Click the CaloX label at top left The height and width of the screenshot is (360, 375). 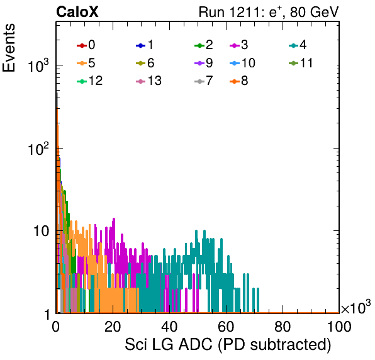tap(77, 12)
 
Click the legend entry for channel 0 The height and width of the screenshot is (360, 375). tap(86, 45)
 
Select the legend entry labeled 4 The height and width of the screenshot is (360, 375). tap(298, 45)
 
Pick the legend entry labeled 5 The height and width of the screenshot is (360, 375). tap(86, 63)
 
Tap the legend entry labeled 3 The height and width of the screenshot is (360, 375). tap(238, 45)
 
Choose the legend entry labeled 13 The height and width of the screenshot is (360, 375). tap(148, 81)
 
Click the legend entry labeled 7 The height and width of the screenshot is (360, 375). tap(204, 81)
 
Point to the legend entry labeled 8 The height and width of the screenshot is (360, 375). tap(238, 81)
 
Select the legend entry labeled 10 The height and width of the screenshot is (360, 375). tap(242, 63)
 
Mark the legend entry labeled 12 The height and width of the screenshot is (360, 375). tap(90, 81)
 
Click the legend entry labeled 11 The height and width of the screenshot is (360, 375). tap(301, 63)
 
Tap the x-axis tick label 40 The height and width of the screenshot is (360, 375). tap(169, 327)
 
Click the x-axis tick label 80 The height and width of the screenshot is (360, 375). tap(283, 327)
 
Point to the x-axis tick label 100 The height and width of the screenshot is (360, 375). tap(339, 327)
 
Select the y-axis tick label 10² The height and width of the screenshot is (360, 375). tap(38, 150)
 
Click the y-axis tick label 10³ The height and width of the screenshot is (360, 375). tap(38, 66)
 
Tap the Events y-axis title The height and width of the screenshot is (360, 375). tap(9, 48)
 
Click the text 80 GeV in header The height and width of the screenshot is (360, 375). tap(315, 12)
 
